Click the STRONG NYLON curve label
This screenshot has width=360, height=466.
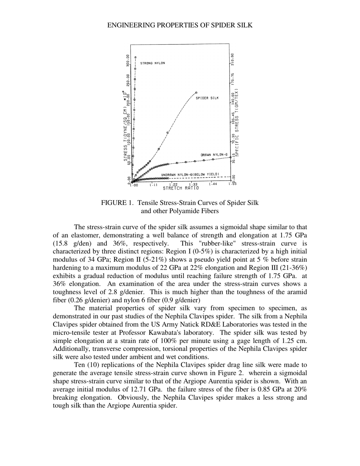[152, 63]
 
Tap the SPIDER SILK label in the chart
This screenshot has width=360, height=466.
[207, 98]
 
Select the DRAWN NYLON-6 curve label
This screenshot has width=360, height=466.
[214, 155]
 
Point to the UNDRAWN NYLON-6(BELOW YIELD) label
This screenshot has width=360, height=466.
[190, 175]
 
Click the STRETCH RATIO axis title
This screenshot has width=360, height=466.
[181, 188]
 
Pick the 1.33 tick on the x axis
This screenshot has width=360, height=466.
[193, 185]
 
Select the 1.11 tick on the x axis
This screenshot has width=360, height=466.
[153, 185]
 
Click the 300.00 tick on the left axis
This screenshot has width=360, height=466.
[128, 61]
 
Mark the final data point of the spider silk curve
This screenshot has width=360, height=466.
[196, 92]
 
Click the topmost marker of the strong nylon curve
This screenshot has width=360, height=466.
[135, 57]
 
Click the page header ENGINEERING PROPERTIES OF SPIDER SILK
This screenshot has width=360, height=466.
[180, 25]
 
